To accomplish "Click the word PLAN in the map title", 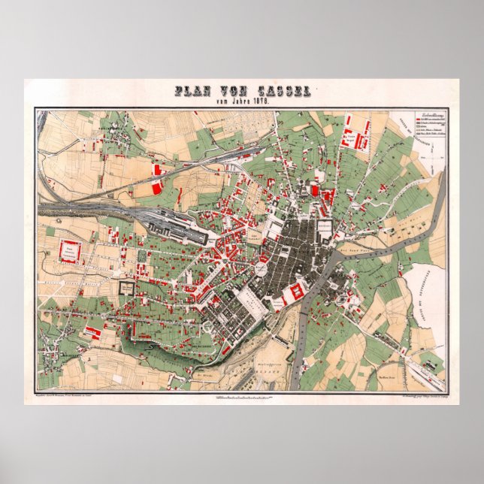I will (192, 92).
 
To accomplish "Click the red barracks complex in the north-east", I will (353, 140).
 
